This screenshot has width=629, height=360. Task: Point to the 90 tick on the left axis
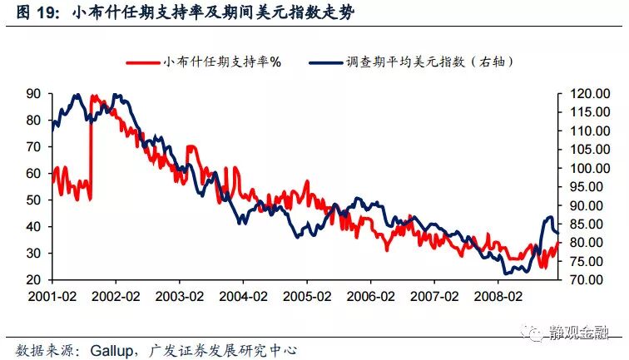tap(34, 94)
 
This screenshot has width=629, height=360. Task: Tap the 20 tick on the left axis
tap(34, 280)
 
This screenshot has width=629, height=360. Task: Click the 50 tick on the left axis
tap(34, 200)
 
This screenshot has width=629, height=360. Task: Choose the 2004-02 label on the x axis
tap(243, 297)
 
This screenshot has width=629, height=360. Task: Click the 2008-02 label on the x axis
tap(498, 297)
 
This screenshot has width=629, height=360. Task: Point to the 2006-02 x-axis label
tap(370, 297)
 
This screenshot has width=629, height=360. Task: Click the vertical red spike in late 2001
tap(90, 150)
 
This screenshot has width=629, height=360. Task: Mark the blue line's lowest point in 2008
tap(506, 273)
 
